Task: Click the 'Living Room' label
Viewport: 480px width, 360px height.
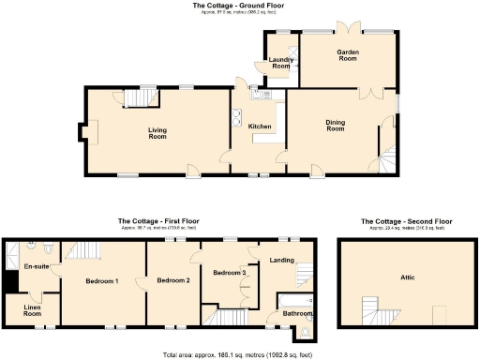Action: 157,133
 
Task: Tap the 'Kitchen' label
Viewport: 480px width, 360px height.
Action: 260,127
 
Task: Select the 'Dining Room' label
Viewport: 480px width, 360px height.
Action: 335,126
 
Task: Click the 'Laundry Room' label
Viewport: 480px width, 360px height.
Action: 281,63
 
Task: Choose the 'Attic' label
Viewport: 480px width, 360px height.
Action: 406,277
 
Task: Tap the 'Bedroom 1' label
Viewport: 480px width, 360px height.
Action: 102,281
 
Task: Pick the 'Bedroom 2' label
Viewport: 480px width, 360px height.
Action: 173,280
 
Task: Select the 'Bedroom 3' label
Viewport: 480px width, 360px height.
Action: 230,273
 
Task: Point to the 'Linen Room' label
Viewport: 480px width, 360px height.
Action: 32,311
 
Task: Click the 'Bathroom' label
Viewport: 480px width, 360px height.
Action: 297,313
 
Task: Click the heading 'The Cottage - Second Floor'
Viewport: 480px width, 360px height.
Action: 406,222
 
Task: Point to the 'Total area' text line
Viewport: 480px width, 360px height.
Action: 239,355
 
